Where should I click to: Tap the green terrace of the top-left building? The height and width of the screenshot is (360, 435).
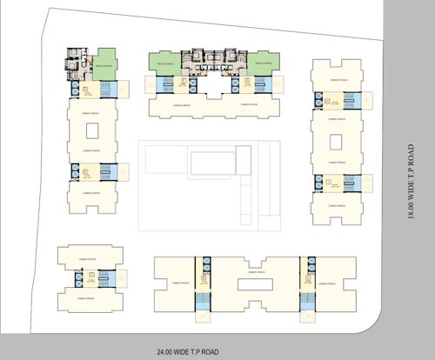pos(105,64)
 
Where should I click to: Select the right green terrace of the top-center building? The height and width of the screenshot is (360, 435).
pos(265,63)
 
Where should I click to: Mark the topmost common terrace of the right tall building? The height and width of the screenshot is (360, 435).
pos(336,77)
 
